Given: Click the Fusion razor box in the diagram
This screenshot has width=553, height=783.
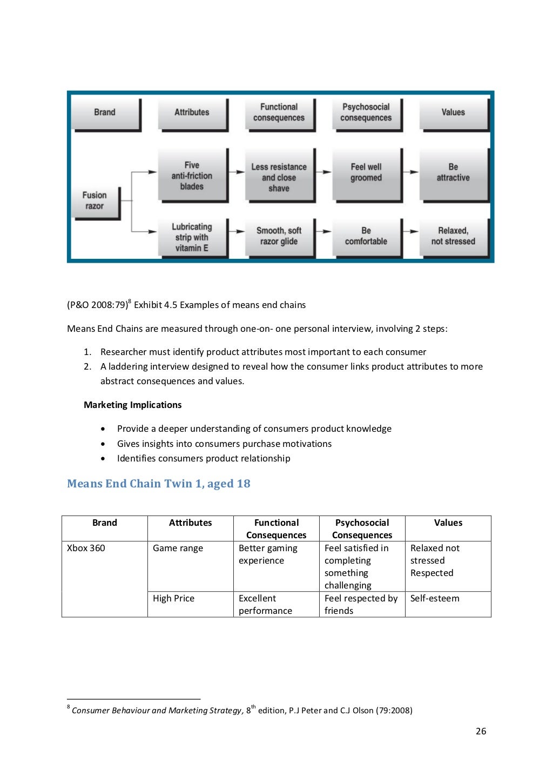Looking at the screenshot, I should pos(95,201).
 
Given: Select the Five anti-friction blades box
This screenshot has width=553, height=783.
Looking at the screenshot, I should pos(192,176).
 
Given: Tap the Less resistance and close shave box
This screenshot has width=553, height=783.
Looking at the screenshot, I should pos(279,177).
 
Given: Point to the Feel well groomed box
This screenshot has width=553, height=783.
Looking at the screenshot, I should pos(366,172).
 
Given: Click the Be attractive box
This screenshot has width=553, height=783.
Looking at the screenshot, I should pos(453,172).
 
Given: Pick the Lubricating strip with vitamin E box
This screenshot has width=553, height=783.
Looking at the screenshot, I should pos(192,237).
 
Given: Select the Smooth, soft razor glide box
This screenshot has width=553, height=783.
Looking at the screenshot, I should pos(279,236).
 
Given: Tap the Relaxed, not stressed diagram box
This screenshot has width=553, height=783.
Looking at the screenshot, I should pos(453,236).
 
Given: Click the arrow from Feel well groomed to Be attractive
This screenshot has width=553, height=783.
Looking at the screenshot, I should pos(412,172).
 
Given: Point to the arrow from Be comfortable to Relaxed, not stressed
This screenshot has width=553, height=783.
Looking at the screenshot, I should pos(412,232).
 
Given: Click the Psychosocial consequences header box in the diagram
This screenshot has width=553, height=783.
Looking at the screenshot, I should pos(366,112).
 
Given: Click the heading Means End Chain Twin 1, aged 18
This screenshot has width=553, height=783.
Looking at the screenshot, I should pos(159,484).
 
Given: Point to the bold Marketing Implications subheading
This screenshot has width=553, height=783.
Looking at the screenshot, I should pos(132,405).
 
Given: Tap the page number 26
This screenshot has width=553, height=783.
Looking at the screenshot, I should pos(481,731).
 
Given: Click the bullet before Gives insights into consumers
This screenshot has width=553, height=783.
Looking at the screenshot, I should pos(103,444).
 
